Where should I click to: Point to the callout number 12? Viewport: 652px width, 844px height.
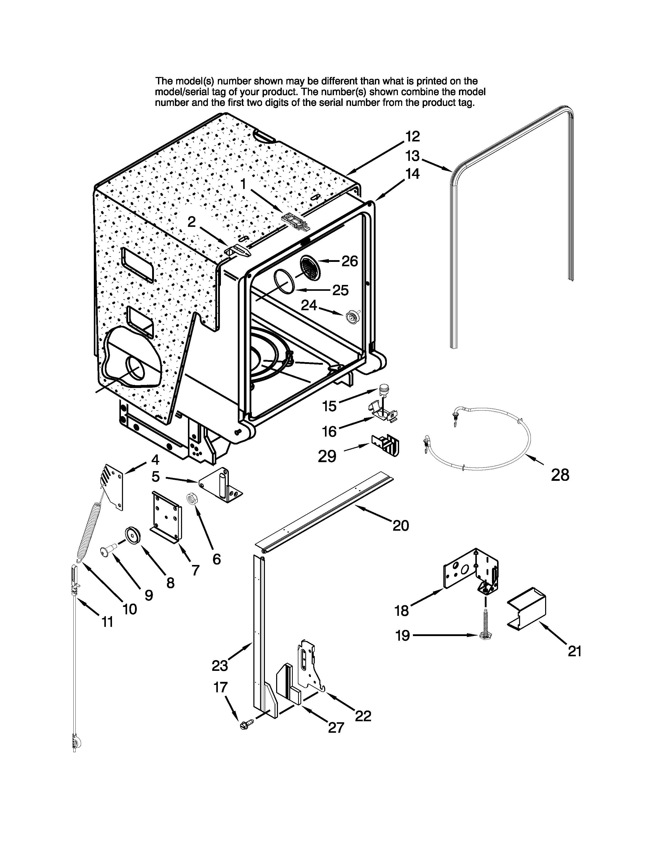[412, 136]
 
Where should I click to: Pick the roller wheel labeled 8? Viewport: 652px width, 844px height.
[132, 537]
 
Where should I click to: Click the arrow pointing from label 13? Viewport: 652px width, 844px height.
[436, 165]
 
